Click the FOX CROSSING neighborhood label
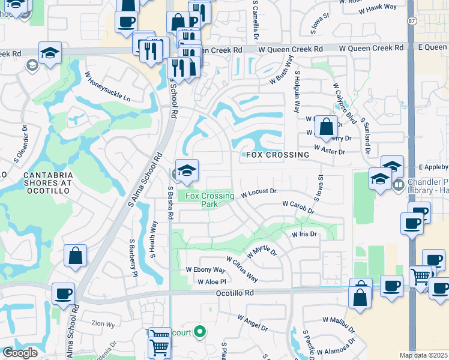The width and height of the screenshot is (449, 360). (x=277, y=155)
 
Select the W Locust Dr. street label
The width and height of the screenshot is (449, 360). (x=260, y=193)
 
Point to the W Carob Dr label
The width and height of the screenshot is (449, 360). (x=298, y=207)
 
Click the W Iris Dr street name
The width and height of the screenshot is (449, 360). (x=304, y=234)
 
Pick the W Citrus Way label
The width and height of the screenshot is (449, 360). (x=242, y=269)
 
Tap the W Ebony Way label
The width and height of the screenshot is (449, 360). (x=205, y=270)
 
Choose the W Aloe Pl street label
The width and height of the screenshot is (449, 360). (x=211, y=281)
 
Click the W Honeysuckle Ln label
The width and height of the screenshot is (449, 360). (x=107, y=87)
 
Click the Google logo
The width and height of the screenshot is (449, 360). (x=20, y=353)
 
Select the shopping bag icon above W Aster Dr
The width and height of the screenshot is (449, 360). (x=326, y=127)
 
